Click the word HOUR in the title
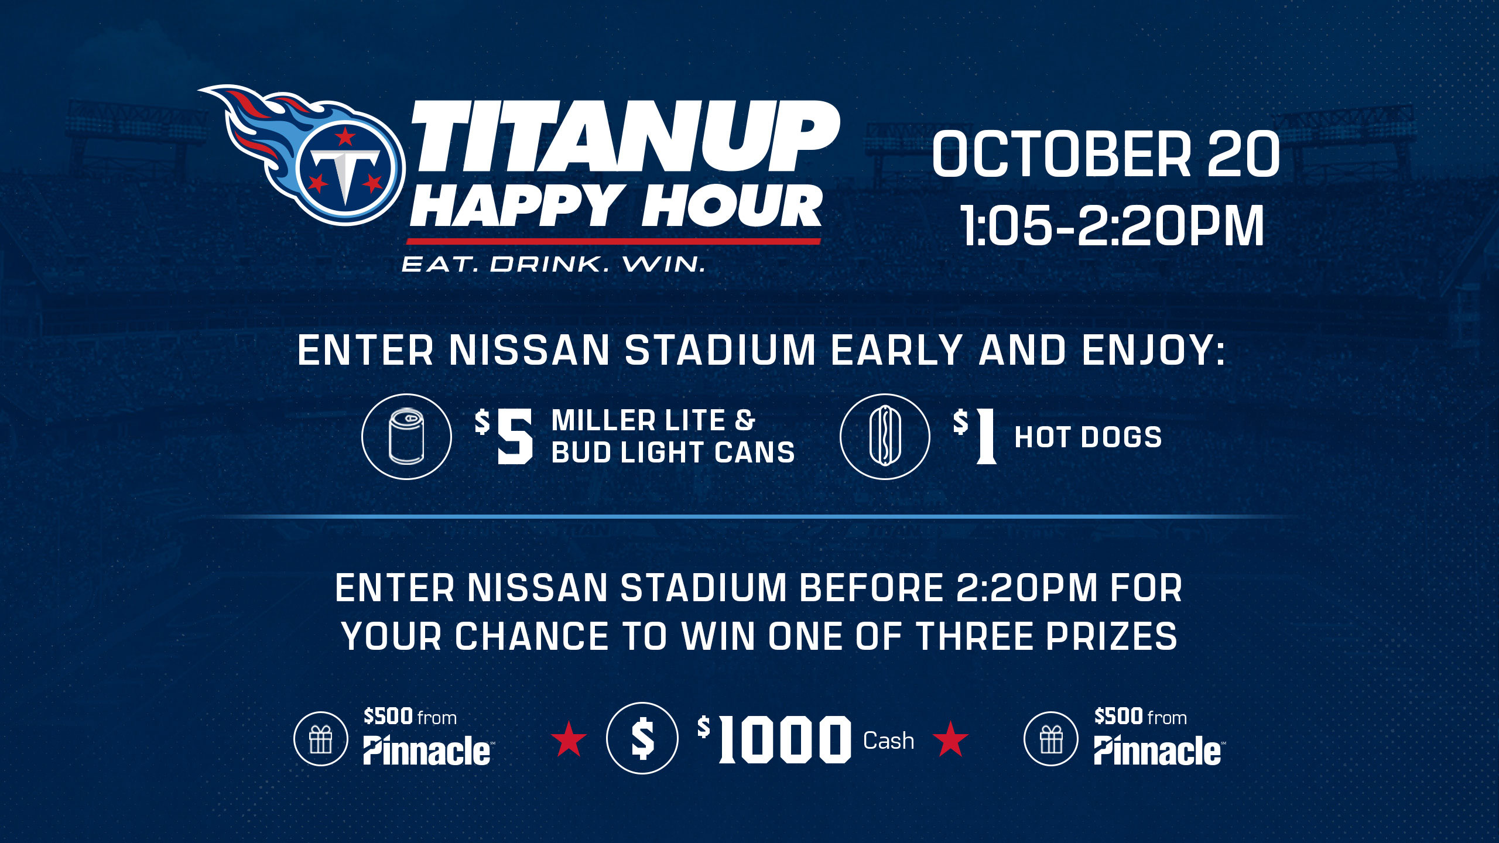tap(731, 206)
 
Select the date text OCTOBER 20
tap(1106, 154)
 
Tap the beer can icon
tap(406, 437)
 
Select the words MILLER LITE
tap(638, 421)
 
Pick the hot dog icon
tap(884, 437)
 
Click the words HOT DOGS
tap(1088, 437)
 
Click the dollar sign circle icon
tap(642, 738)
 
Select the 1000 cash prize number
tap(785, 740)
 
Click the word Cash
tap(888, 741)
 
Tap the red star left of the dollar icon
tap(569, 739)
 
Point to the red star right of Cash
tap(950, 739)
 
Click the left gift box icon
tap(321, 739)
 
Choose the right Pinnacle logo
tap(1157, 751)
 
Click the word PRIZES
tap(1111, 636)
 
